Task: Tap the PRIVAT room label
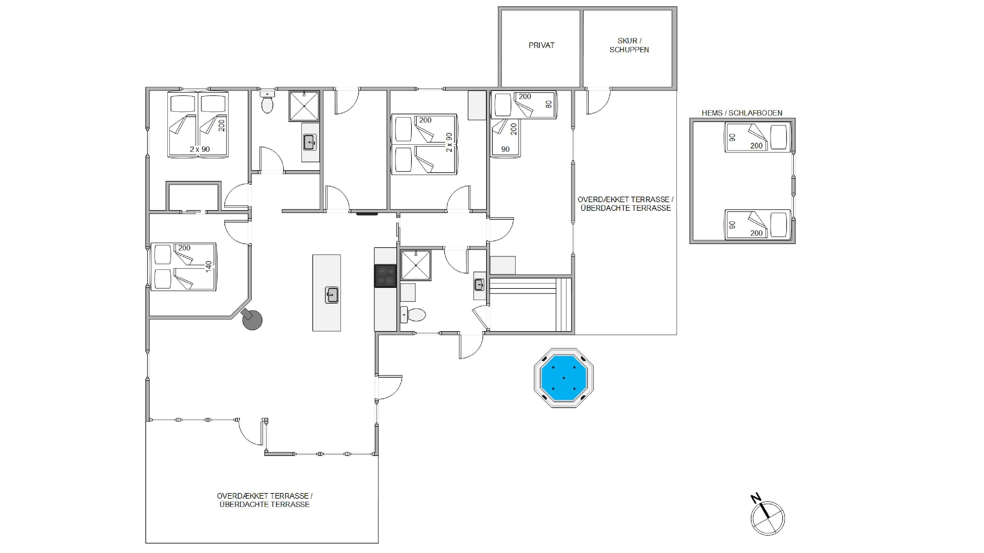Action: [541, 45]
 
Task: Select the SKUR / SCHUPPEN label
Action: [629, 45]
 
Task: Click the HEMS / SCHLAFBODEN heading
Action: [742, 113]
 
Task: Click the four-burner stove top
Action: [385, 276]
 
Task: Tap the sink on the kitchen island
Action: [331, 295]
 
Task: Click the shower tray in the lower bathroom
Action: [415, 265]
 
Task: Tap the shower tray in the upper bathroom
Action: [304, 106]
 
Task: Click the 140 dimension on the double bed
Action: [208, 266]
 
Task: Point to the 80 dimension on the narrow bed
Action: [549, 104]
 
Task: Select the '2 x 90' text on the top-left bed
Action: [200, 149]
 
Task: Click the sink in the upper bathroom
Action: [310, 142]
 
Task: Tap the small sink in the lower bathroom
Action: [479, 285]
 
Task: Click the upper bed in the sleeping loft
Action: [757, 137]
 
